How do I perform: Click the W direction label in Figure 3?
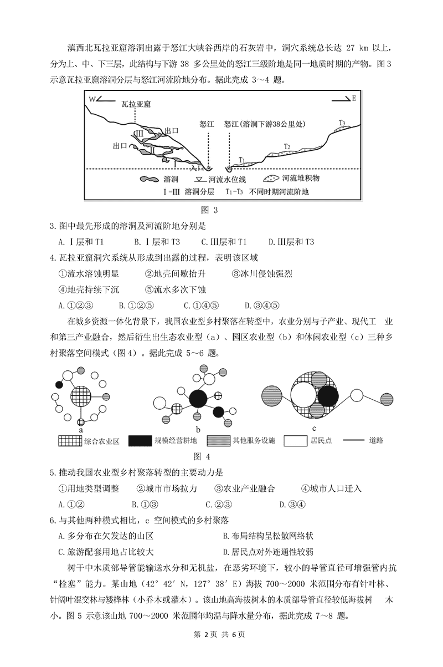(92, 99)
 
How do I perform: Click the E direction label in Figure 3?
(354, 99)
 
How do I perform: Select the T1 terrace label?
(241, 160)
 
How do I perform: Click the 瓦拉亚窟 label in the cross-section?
(137, 104)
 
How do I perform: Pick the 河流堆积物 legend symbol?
(270, 179)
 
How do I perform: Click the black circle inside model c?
(327, 396)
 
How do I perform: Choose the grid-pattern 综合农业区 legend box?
(70, 441)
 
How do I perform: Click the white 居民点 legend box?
(298, 441)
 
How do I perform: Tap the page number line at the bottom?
(221, 650)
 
